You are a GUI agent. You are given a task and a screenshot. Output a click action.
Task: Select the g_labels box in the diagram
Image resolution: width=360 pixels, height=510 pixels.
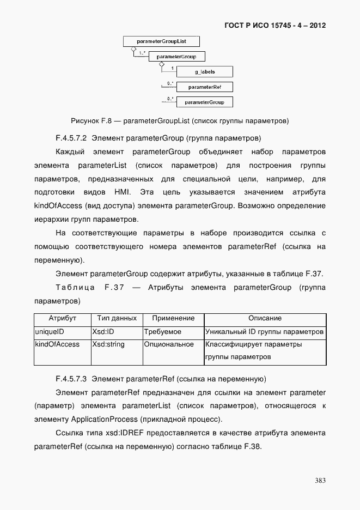[205, 71]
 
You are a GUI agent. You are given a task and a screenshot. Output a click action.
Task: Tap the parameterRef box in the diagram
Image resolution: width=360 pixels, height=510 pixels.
[205, 87]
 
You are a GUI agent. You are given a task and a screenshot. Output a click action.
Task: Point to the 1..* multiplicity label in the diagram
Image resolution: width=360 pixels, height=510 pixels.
[142, 53]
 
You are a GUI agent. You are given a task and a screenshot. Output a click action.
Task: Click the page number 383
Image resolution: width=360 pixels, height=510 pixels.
[320, 480]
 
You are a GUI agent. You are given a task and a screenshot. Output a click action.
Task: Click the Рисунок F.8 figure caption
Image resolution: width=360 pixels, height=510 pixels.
[180, 119]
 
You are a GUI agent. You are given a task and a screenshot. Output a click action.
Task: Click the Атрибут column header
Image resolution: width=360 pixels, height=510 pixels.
[62, 318]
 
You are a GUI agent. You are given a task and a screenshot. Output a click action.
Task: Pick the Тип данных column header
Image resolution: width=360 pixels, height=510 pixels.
[117, 318]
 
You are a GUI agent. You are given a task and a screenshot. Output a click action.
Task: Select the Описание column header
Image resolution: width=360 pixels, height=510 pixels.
[265, 318]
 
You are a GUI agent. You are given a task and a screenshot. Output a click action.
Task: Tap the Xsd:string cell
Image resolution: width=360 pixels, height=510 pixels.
[108, 344]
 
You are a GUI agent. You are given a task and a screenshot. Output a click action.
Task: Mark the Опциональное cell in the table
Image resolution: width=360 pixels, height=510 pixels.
[169, 344]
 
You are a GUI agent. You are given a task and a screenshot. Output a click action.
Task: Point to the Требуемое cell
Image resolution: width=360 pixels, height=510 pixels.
[163, 331]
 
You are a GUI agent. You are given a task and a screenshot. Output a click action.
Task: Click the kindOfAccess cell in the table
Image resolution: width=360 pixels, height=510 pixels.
[57, 344]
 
